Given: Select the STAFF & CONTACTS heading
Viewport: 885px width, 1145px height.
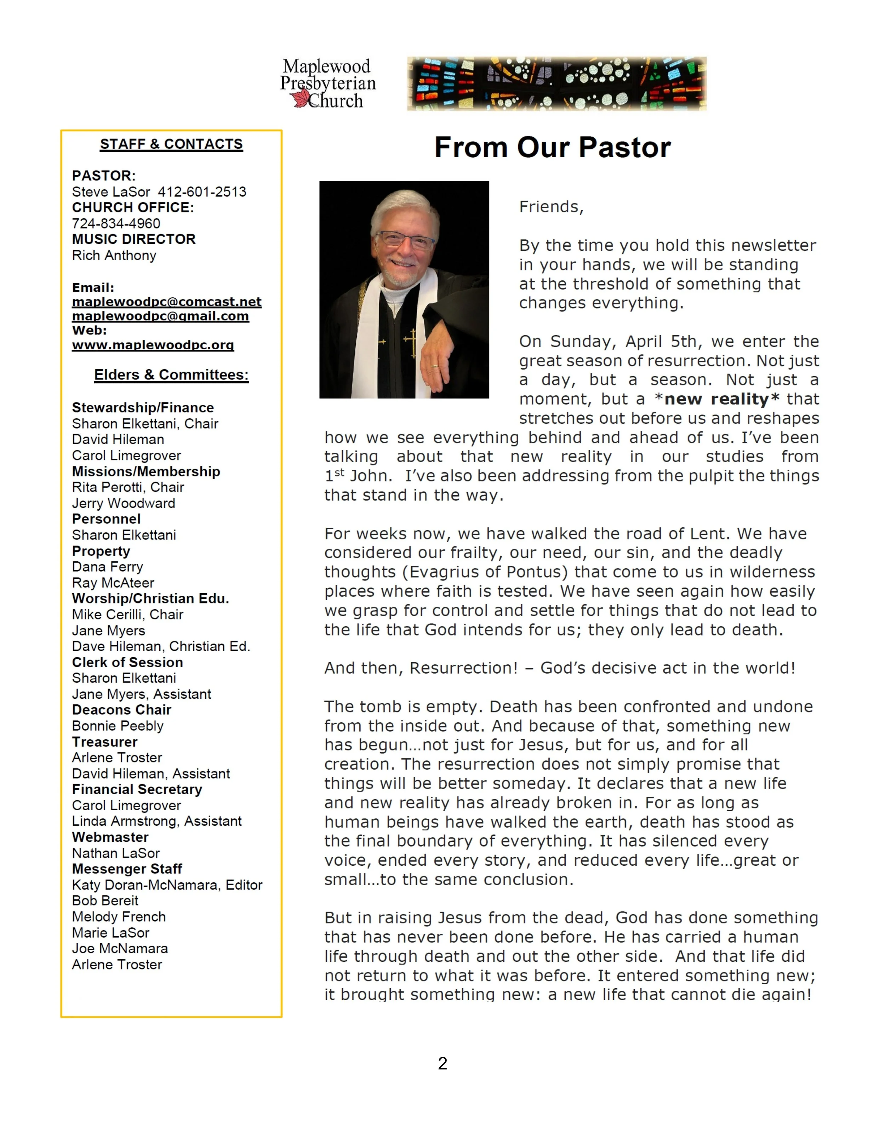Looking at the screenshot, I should coord(171,144).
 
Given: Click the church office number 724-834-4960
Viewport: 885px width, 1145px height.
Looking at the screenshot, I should coord(116,223).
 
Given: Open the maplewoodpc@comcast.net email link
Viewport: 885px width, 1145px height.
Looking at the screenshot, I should coord(167,302).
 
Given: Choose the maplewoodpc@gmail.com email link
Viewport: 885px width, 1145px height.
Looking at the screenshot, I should coord(160,316).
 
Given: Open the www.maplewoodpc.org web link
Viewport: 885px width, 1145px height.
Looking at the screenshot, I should coord(153,345).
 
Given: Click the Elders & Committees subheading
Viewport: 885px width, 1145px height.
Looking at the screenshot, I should coord(171,375).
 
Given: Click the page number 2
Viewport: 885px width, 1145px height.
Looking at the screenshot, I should coord(442,1063).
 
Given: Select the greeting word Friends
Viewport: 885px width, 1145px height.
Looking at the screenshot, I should coord(550,207).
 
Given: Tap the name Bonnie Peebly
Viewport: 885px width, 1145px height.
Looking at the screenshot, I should coord(118,726).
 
